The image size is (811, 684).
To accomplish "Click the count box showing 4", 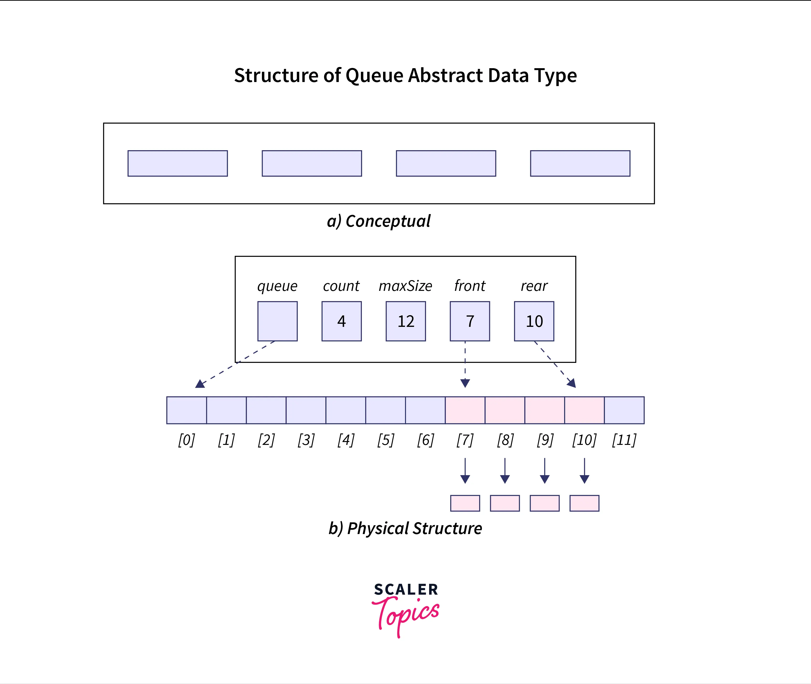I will [341, 321].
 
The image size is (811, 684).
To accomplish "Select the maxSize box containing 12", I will [406, 321].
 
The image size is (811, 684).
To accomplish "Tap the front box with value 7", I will [470, 321].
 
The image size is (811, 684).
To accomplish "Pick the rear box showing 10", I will [534, 321].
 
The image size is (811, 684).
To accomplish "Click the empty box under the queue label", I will [277, 321].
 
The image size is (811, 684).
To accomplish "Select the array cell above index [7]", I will [465, 410].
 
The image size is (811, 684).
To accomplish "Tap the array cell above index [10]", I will [584, 410].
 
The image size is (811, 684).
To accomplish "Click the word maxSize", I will [405, 286].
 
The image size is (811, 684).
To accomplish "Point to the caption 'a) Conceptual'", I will [379, 221].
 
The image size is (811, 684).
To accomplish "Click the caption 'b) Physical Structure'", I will [405, 528].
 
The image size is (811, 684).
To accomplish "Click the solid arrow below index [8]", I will [504, 471].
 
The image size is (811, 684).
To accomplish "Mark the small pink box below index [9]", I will [545, 503].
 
